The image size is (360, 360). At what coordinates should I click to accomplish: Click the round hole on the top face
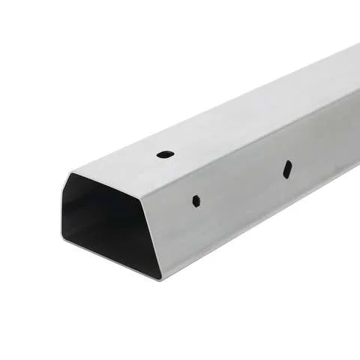coord(165,154)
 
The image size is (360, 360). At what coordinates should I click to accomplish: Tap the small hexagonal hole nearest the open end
coord(196,200)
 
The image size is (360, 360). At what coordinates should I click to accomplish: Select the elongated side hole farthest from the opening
coord(287,169)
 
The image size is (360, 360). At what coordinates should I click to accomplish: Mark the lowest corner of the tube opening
coord(160,279)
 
